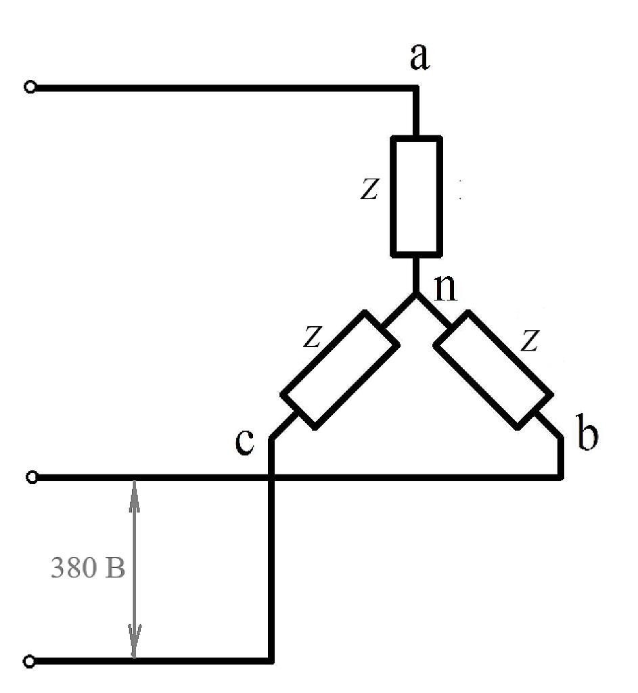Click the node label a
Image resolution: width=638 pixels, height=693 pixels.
click(x=419, y=57)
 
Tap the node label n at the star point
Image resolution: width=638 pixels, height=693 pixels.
click(x=446, y=288)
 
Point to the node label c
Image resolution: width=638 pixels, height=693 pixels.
click(x=245, y=441)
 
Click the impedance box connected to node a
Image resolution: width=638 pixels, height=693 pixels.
click(x=416, y=196)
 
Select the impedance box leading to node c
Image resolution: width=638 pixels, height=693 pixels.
click(x=340, y=370)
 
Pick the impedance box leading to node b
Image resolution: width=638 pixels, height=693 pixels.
click(x=493, y=370)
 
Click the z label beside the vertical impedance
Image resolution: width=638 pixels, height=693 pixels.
click(x=369, y=189)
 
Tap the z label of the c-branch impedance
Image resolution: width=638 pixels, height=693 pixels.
click(x=313, y=337)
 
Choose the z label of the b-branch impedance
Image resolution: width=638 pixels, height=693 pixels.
click(x=529, y=340)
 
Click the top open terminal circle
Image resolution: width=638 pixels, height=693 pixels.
click(x=30, y=87)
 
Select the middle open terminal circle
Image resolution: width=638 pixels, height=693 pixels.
click(x=31, y=477)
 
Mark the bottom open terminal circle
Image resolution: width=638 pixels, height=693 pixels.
click(x=29, y=661)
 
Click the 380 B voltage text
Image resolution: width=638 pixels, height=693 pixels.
click(x=88, y=568)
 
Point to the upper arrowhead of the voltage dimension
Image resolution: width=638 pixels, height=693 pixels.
click(x=135, y=495)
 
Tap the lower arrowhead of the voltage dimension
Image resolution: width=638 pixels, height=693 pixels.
click(x=135, y=642)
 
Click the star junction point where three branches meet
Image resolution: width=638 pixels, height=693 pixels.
click(x=416, y=293)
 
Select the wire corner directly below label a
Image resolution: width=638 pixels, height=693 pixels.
click(x=416, y=88)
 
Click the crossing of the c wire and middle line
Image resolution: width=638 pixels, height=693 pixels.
click(x=271, y=477)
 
